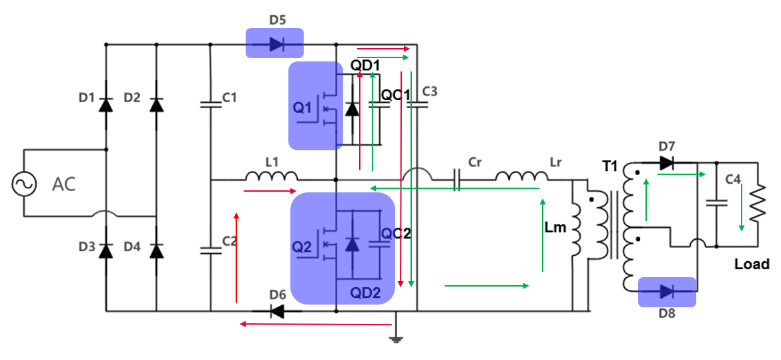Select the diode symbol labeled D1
pyautogui.click(x=105, y=105)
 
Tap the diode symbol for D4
pyautogui.click(x=156, y=250)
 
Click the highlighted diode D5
pyautogui.click(x=275, y=45)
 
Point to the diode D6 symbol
pyautogui.click(x=276, y=311)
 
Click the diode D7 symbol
pyautogui.click(x=666, y=163)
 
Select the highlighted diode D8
pyautogui.click(x=667, y=291)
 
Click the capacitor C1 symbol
pyautogui.click(x=210, y=104)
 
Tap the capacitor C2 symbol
pyautogui.click(x=210, y=250)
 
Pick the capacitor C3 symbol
pyautogui.click(x=417, y=104)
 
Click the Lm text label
pyautogui.click(x=555, y=228)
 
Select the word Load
pyautogui.click(x=752, y=264)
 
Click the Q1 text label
pyautogui.click(x=302, y=108)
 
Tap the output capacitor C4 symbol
pyautogui.click(x=716, y=202)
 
